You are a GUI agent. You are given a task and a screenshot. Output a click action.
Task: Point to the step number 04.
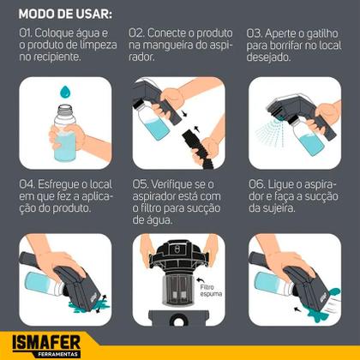tap(27, 183)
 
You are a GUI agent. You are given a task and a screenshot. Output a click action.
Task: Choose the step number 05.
tap(141, 183)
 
